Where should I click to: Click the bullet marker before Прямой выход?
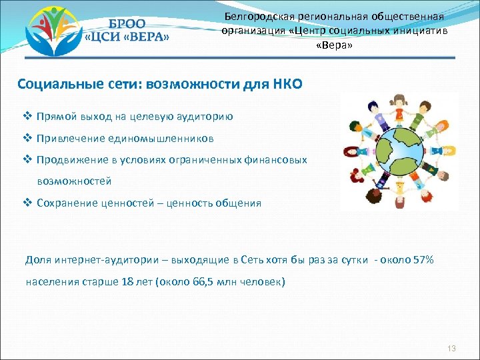[29, 116]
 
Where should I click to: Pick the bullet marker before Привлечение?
[29, 139]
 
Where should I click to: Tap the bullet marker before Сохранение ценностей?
[29, 203]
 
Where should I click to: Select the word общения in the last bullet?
[237, 203]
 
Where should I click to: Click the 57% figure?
[422, 259]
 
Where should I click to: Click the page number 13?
[451, 349]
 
